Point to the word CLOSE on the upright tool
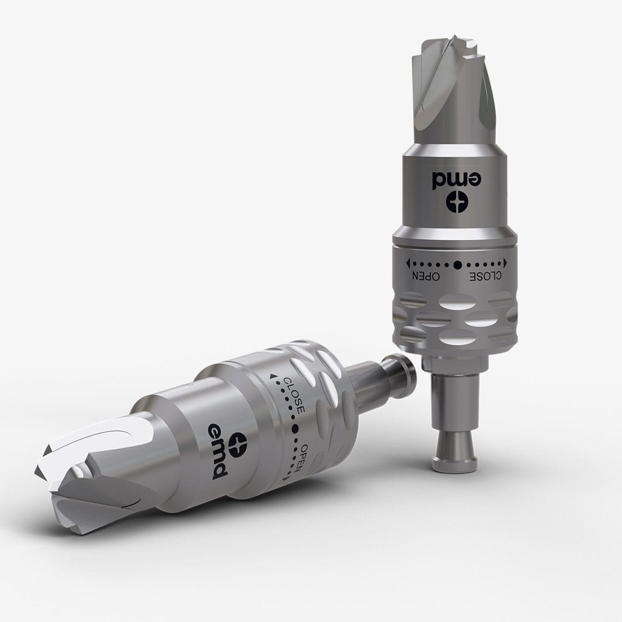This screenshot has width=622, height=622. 485,276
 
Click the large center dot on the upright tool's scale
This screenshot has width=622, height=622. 457,265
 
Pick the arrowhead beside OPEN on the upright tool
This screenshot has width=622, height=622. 408,263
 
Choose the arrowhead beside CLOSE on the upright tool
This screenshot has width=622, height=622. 506,263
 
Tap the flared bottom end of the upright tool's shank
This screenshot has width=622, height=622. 455,456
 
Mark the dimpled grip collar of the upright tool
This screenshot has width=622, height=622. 455,320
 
